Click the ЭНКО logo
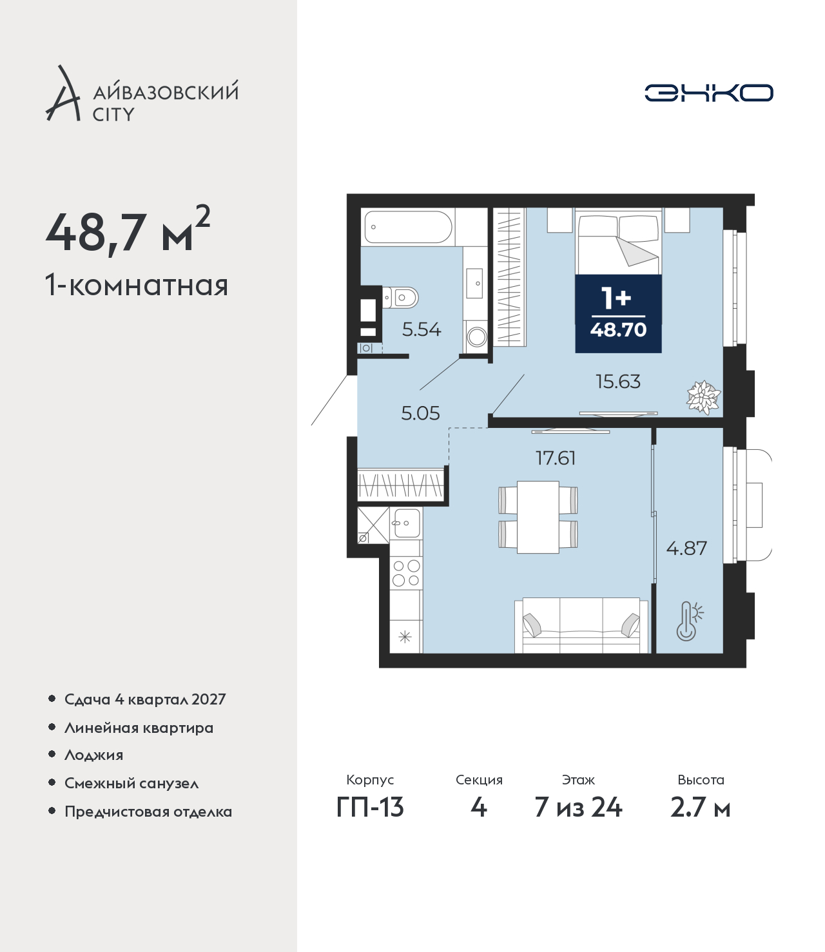[x=708, y=93]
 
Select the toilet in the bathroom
[x=400, y=298]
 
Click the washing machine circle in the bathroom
[x=476, y=336]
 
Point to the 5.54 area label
[x=422, y=329]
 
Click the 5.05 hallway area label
[x=420, y=413]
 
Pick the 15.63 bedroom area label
[x=617, y=382]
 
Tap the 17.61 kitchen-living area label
[x=556, y=458]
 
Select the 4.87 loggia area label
[x=686, y=548]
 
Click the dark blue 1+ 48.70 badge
[x=618, y=314]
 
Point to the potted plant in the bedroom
[x=703, y=396]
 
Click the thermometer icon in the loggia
[x=689, y=621]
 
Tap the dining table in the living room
[x=538, y=517]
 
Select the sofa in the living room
[x=581, y=625]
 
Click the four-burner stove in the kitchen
[x=406, y=572]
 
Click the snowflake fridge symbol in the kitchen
[x=404, y=637]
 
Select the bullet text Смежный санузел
[x=131, y=782]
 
